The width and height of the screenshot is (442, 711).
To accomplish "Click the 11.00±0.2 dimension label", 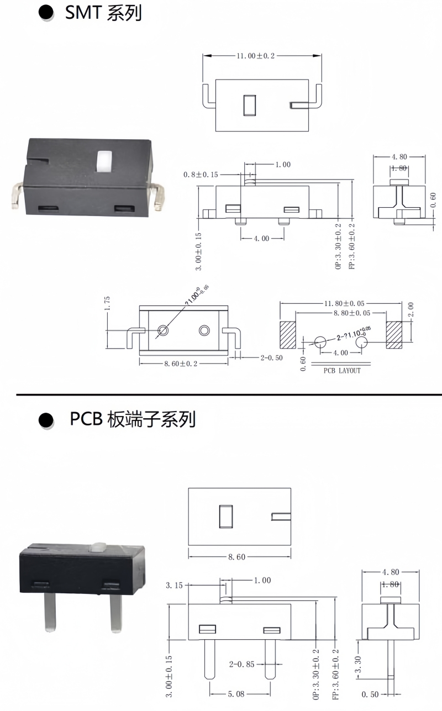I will [x=256, y=56].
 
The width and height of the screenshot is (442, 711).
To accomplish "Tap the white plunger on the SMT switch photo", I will [x=102, y=160].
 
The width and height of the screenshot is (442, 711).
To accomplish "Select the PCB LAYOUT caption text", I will [x=342, y=371].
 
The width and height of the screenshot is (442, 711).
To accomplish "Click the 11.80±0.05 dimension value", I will [x=340, y=303].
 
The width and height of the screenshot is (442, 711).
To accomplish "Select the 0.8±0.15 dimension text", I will [x=201, y=175].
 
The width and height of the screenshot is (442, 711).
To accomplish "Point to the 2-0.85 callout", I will [x=242, y=664].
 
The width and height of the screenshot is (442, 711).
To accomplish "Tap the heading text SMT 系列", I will [x=103, y=13].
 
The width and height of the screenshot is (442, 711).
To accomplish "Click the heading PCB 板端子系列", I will [x=133, y=420].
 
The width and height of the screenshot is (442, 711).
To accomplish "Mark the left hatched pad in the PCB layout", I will [x=288, y=335].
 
